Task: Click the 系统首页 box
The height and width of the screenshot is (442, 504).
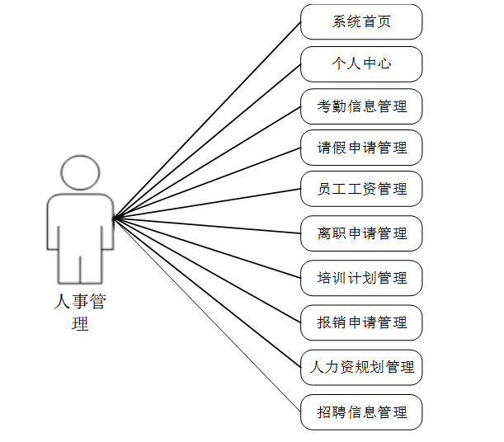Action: click(361, 21)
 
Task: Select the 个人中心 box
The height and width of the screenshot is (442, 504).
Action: click(361, 63)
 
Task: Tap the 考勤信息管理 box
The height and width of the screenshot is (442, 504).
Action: click(361, 106)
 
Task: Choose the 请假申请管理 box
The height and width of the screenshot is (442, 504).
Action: click(361, 148)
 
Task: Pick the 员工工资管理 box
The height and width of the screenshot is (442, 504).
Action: click(361, 190)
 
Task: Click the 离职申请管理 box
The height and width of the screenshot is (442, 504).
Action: click(361, 233)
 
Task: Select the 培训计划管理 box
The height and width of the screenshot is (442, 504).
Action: click(361, 278)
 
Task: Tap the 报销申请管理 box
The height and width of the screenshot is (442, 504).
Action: click(361, 322)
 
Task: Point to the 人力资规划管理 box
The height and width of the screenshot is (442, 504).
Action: click(361, 367)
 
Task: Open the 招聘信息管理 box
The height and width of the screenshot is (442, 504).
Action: click(361, 411)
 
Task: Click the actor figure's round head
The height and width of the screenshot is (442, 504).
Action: click(80, 173)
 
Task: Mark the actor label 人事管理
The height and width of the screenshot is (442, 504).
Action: click(80, 312)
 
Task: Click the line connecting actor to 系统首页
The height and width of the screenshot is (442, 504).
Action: click(207, 120)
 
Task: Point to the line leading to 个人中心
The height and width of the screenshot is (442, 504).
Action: click(207, 141)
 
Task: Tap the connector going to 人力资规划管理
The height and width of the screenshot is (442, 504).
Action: click(207, 292)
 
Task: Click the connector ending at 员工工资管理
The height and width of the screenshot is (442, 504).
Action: click(207, 204)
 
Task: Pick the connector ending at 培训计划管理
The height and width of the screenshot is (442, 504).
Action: click(207, 247)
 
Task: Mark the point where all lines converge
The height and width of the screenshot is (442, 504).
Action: click(114, 218)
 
